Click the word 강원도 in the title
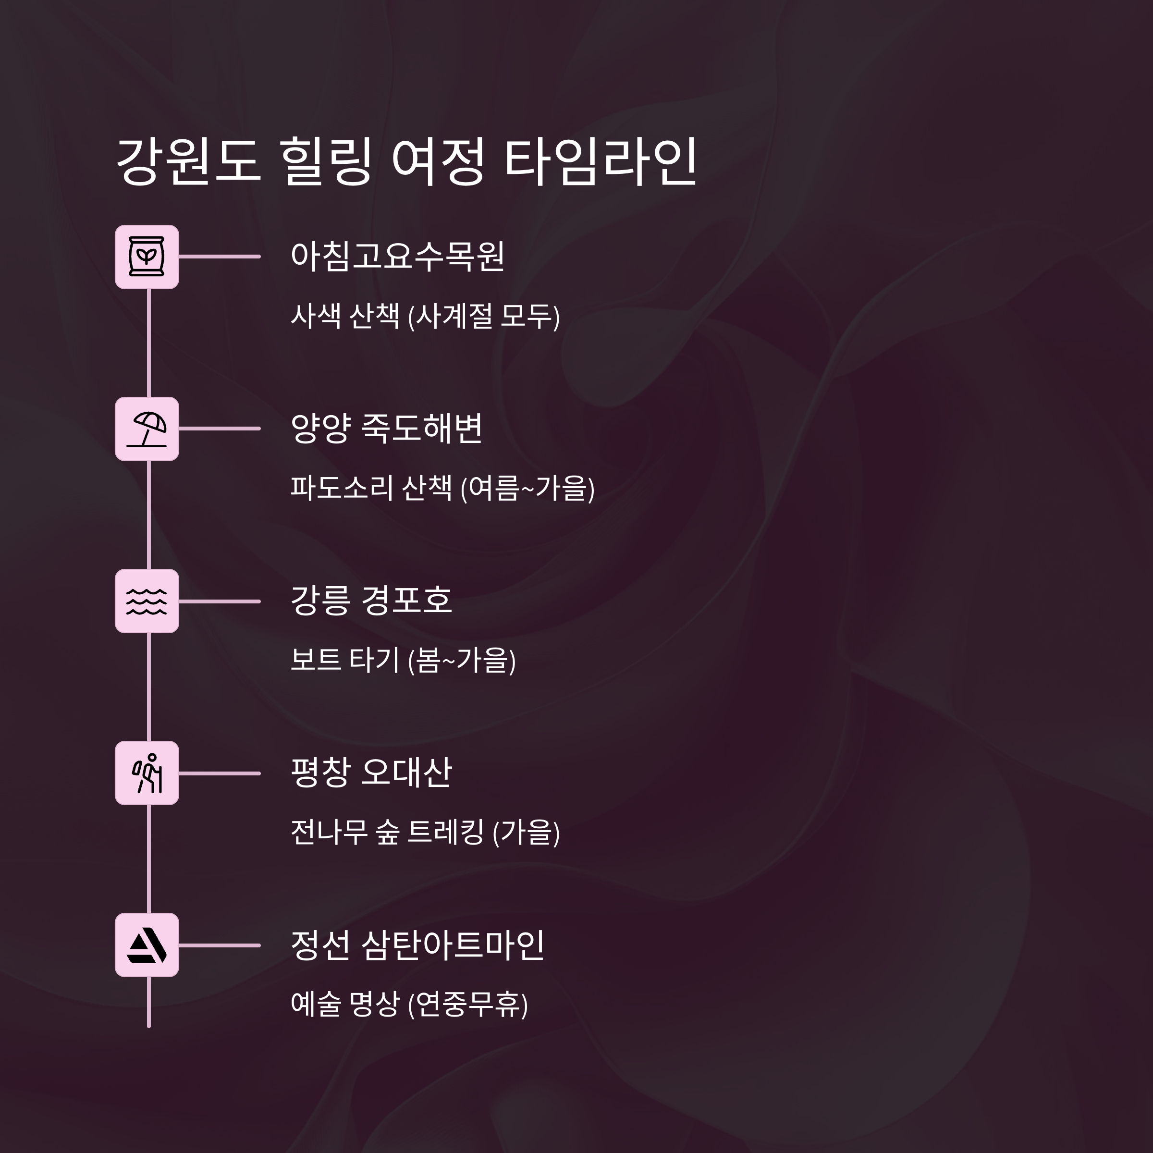pos(188,161)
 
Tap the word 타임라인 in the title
pos(601,161)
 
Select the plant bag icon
pos(147,257)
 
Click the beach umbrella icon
pos(147,429)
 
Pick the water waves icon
pos(147,601)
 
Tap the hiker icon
pos(147,773)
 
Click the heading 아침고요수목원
pos(397,257)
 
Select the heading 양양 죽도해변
pos(386,429)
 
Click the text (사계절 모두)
pos(484,316)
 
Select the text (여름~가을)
pos(527,488)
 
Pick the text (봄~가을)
pos(462,661)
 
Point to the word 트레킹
pos(445,833)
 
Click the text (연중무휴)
pos(468,1005)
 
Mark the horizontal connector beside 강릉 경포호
pos(220,601)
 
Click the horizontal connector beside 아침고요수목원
pos(220,257)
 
